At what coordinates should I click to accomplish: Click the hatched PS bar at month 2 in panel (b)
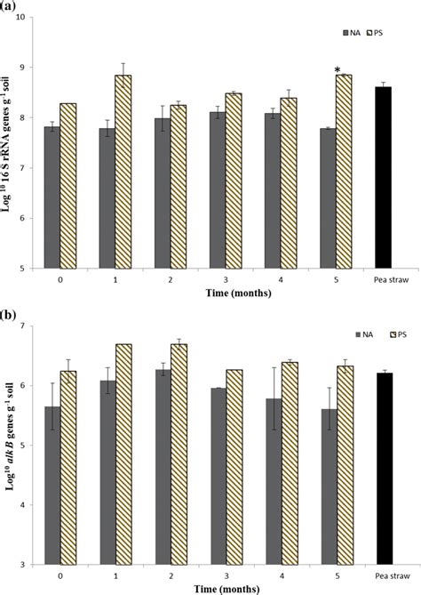[x=179, y=454]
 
